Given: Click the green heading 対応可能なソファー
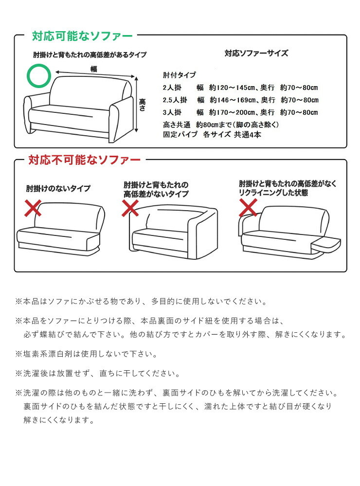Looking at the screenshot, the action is pos(83,36).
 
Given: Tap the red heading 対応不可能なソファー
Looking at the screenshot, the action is pos(84,160).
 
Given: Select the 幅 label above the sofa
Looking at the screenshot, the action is pos(93,69).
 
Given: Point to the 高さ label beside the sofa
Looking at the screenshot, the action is pos(143,105).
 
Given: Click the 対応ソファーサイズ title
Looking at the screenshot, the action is pos(256,54).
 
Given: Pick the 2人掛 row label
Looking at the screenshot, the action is pos(172,88).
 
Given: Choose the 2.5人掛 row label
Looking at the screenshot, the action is pos(175,100).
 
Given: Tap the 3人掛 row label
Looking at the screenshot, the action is pos(172,112).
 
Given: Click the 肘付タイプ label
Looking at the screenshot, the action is pos(180,75).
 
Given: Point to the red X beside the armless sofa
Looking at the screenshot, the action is pos(33,208).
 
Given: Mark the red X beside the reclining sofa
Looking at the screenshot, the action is pos(248,207).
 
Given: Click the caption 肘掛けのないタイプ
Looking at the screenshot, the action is pos(58,188).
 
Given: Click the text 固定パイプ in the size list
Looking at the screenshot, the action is pos(180,135).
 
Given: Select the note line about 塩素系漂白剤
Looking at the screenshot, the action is pos(87,354).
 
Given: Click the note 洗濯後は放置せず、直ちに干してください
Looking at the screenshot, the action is pos(98,374).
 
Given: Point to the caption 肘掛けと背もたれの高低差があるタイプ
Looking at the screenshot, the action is pos(90,55).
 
